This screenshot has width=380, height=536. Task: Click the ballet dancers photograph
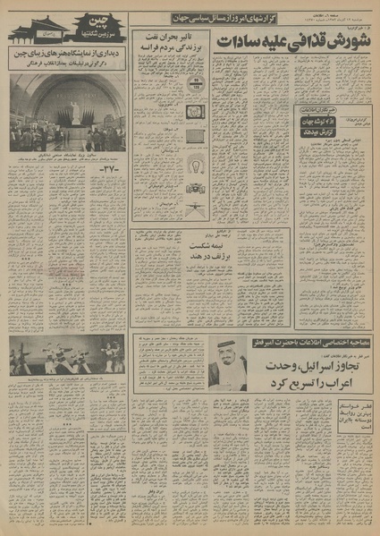(67, 356)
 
